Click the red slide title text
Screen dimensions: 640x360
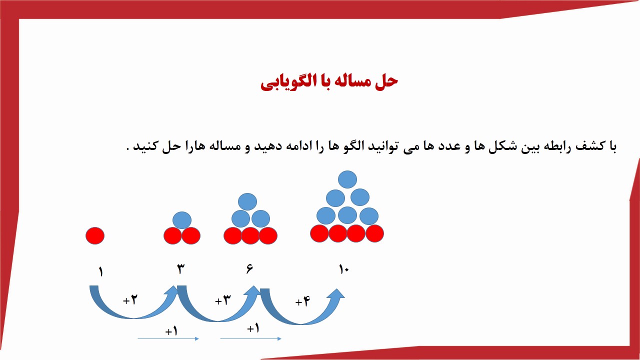tap(329, 82)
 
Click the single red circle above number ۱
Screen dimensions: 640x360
tap(95, 235)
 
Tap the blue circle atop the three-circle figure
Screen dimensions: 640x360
tap(182, 220)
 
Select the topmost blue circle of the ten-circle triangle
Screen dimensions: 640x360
tap(347, 179)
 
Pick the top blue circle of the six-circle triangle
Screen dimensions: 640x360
tap(247, 201)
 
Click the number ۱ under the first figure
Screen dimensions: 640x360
tap(100, 271)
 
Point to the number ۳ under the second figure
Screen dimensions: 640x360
tap(181, 269)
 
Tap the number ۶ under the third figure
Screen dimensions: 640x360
tap(249, 269)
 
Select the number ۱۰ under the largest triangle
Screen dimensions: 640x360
tap(344, 269)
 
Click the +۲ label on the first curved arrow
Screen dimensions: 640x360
tap(130, 300)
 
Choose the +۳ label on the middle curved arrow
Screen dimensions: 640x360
tap(223, 300)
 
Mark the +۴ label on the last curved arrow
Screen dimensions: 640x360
tap(302, 301)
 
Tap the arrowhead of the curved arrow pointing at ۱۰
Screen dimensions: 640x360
tap(336, 295)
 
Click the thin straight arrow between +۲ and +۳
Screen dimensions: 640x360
tap(168, 339)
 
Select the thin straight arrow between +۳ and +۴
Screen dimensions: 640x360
tap(251, 339)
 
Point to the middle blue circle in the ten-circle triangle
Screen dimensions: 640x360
tap(347, 215)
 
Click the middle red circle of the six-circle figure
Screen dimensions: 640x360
tap(250, 235)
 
